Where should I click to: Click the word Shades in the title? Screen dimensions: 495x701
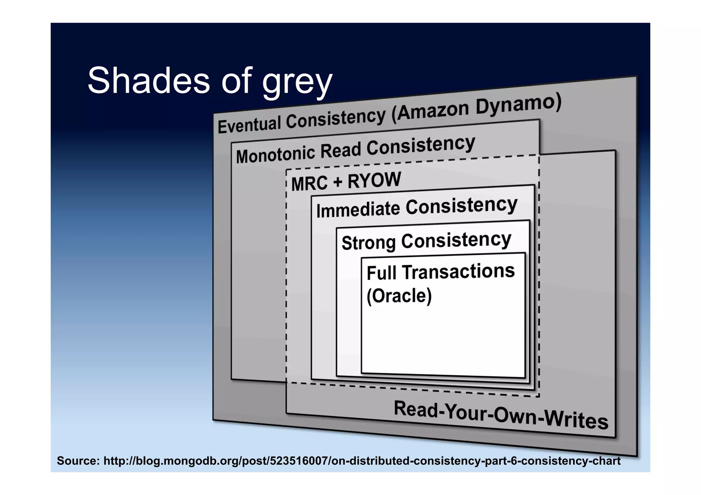point(148,81)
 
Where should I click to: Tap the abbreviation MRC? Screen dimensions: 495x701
point(309,183)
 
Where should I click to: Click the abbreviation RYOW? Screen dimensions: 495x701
point(374,180)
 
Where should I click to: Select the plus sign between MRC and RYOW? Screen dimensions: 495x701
point(337,182)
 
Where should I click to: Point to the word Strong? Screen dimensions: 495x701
point(368,243)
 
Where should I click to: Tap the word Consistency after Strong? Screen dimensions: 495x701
point(456,240)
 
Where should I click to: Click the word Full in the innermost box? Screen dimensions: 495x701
point(382,273)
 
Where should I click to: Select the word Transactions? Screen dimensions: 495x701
point(458,271)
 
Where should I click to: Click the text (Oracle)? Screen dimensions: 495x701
point(399,296)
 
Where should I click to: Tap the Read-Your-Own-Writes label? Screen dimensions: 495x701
point(500,415)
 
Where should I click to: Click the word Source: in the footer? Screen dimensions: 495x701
point(78,461)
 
